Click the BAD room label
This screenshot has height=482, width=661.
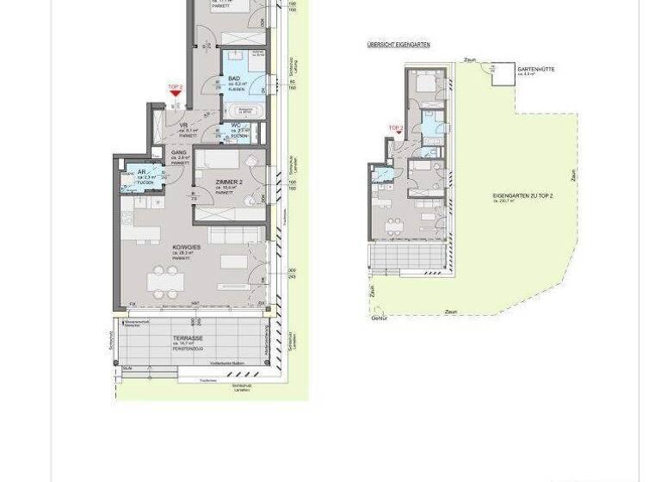point(234,78)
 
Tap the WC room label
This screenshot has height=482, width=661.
point(236,126)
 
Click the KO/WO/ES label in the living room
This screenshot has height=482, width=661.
point(185,247)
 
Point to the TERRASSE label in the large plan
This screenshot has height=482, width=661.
point(187,338)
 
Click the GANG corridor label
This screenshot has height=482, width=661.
point(179,152)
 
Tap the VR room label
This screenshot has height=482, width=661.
point(184,126)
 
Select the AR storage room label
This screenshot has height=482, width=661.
point(142,172)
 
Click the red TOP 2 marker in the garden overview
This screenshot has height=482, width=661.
point(396,130)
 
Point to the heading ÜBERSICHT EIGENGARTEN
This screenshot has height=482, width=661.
point(398,45)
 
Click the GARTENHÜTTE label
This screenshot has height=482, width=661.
point(535,69)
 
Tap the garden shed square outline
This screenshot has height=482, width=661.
point(503,75)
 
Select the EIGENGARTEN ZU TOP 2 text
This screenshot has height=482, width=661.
point(522,196)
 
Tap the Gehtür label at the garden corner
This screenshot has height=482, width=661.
point(379,318)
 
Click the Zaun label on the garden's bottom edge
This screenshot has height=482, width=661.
point(451,312)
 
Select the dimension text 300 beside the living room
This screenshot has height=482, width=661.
point(292,270)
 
